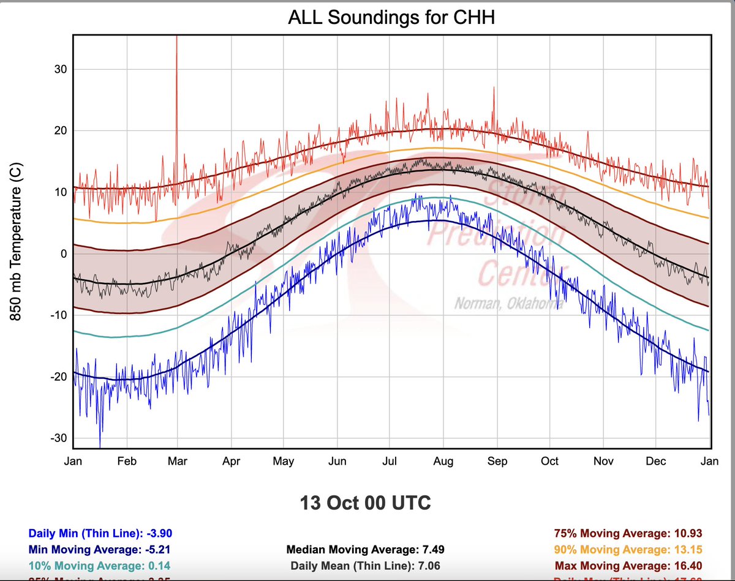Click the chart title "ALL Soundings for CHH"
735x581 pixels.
(391, 18)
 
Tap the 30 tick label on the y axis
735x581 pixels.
(60, 70)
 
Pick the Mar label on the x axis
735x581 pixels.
(178, 462)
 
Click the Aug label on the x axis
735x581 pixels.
(443, 462)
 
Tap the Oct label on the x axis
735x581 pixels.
(549, 462)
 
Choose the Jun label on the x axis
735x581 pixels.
(337, 462)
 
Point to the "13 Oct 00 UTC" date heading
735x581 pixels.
(365, 504)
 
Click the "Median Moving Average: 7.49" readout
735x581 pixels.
(366, 550)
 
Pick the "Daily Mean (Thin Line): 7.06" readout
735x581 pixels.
(366, 566)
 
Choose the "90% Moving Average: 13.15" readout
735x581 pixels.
(627, 550)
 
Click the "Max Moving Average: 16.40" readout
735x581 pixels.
(627, 566)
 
